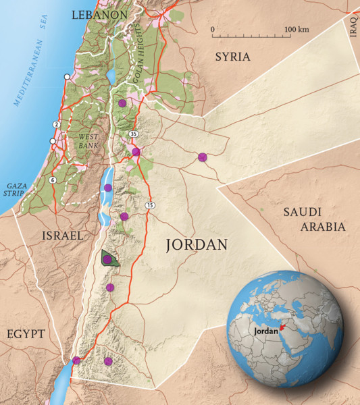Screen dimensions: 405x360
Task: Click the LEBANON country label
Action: [x=99, y=14]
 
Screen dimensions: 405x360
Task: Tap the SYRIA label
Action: [x=232, y=57]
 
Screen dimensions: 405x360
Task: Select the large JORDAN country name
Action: [x=196, y=246]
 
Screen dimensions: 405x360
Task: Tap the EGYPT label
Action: [x=26, y=334]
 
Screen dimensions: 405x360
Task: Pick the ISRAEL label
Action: [x=61, y=236]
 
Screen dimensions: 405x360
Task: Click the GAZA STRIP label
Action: [x=16, y=188]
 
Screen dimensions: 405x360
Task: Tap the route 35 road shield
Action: [x=134, y=134]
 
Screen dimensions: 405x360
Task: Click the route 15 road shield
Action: [x=149, y=205]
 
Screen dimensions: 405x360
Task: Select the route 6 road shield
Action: [x=52, y=180]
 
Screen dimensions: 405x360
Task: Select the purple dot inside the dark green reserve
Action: [x=107, y=259]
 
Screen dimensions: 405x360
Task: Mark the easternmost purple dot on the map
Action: [x=203, y=157]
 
